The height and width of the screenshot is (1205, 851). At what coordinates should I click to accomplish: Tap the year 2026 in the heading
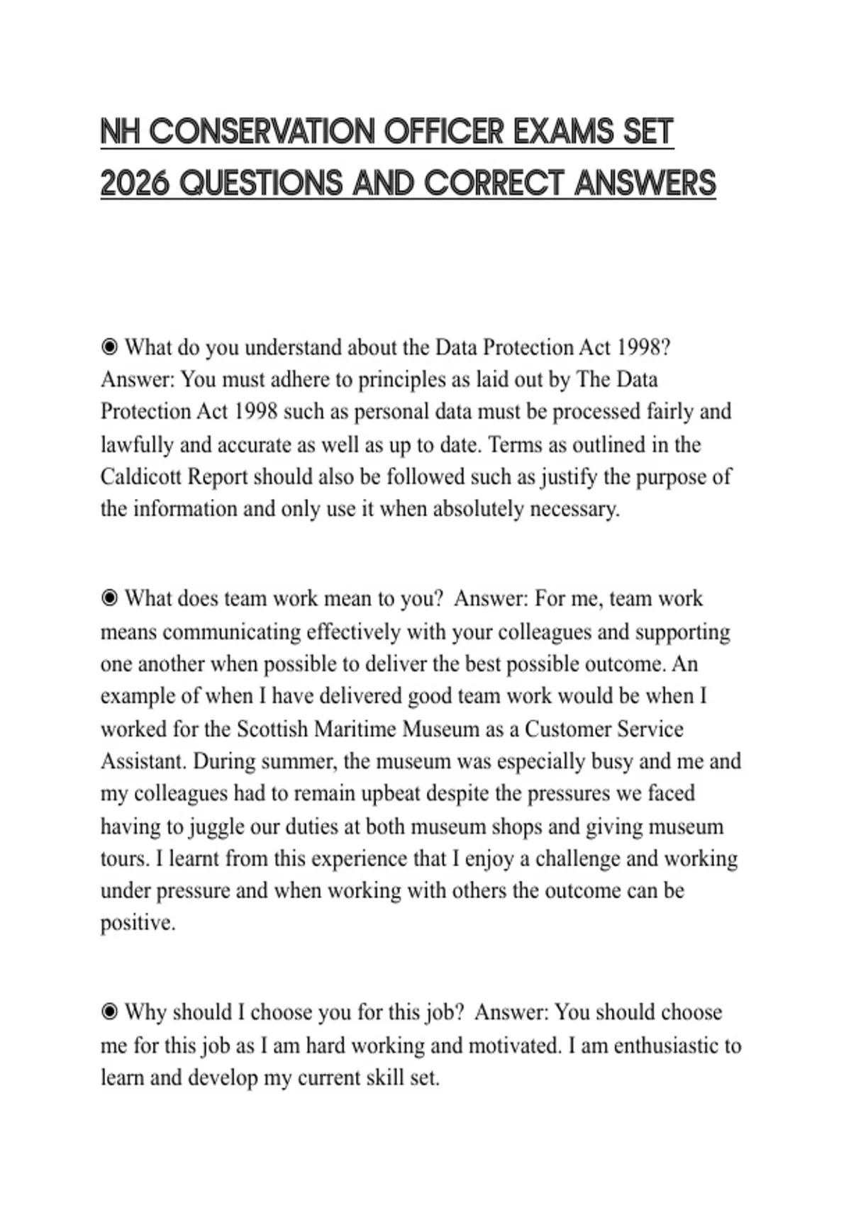click(x=135, y=184)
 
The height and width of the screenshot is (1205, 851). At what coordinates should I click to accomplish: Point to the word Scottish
click(x=272, y=729)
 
